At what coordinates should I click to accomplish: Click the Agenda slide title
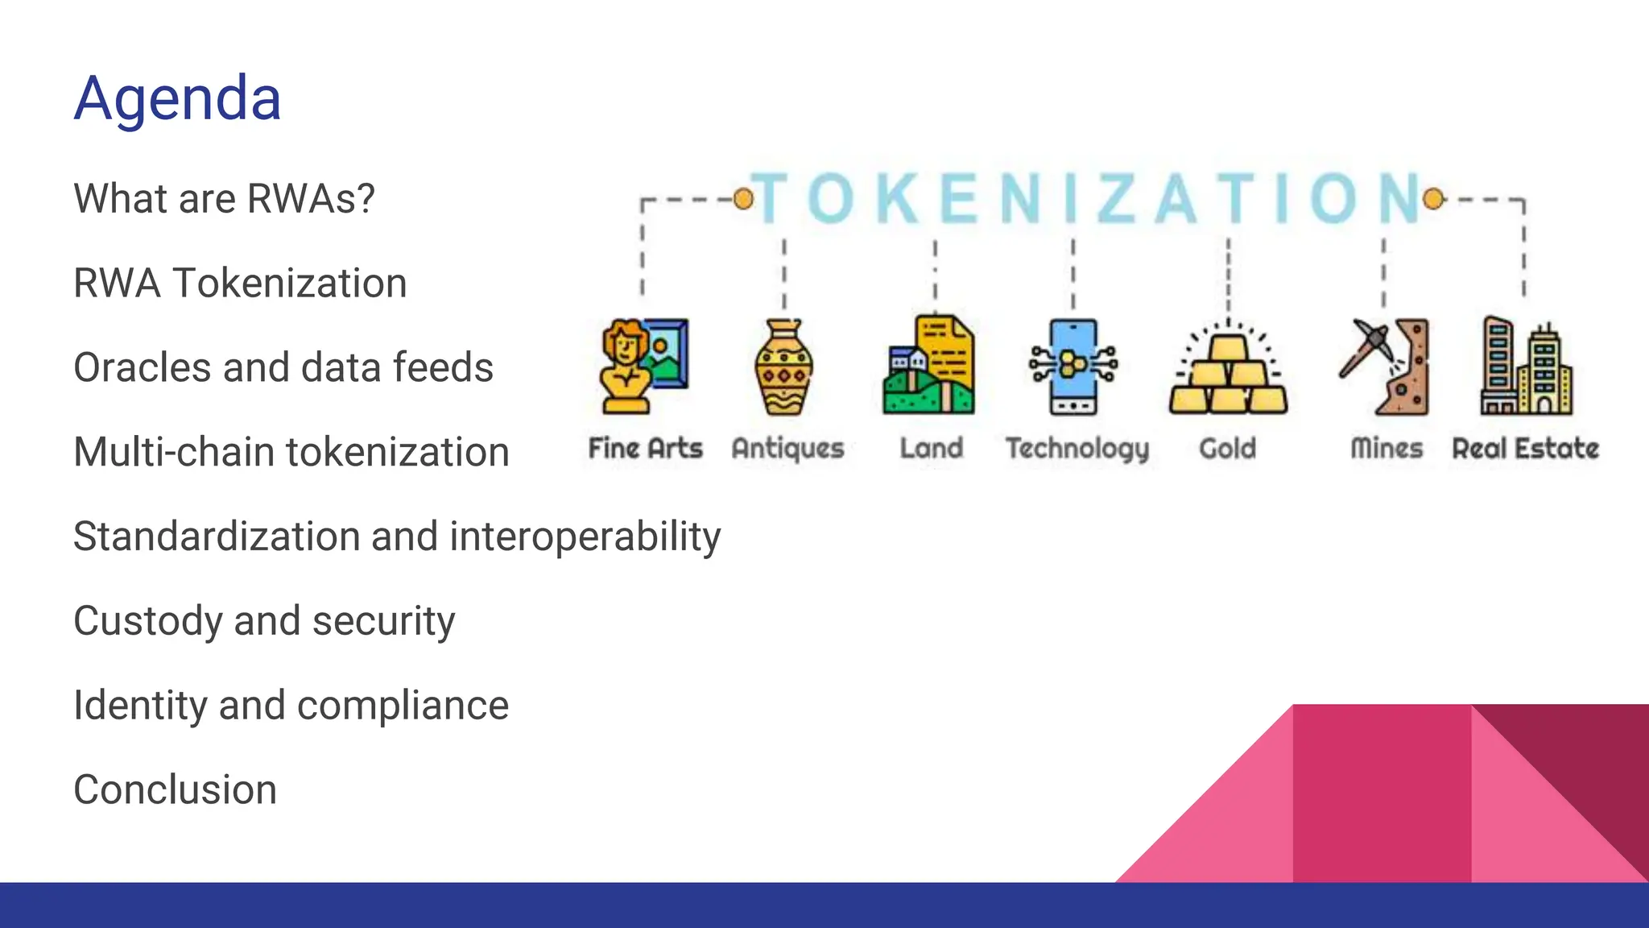[x=177, y=98]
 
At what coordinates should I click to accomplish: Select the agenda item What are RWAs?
[x=224, y=198]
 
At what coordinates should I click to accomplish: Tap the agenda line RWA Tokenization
[x=240, y=283]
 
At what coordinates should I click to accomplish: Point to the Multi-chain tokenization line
[x=291, y=452]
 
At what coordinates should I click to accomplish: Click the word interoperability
[x=585, y=536]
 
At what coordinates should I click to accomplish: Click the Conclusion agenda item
[x=175, y=789]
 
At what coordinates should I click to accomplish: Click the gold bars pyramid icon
[x=1228, y=371]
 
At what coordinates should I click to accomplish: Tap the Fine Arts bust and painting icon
[x=644, y=367]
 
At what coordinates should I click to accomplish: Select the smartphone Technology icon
[x=1072, y=367]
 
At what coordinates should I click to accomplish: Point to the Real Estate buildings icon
[x=1525, y=367]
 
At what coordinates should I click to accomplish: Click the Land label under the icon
[x=932, y=448]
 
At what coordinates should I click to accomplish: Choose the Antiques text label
[x=787, y=449]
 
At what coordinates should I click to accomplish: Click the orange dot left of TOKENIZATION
[x=743, y=198]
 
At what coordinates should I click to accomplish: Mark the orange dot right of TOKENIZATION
[x=1433, y=198]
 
